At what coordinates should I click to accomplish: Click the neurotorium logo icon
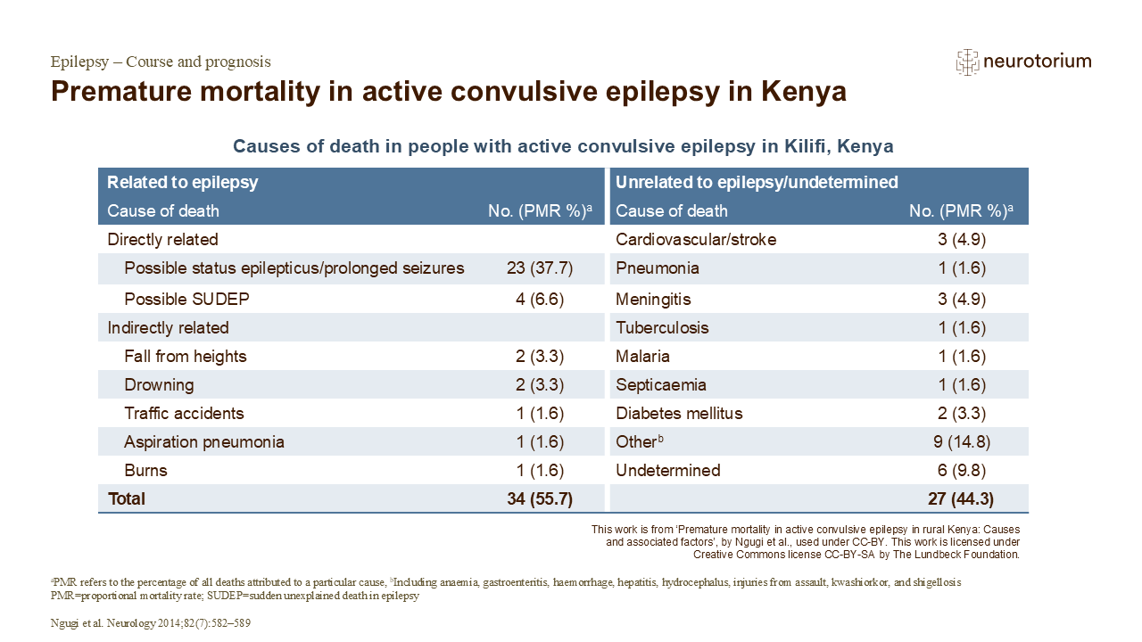coord(967,62)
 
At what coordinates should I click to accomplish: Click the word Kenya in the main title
coord(804,92)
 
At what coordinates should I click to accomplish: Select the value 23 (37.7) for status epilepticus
coord(540,268)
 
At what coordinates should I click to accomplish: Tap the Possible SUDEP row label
coord(186,299)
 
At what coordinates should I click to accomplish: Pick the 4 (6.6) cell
coord(540,299)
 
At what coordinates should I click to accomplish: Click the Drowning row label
coord(159,384)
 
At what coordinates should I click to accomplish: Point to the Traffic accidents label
coord(184,413)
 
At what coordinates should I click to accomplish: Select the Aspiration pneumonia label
coord(204,441)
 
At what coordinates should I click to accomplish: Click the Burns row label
coord(145,470)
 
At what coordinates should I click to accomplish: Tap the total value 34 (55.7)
coord(540,498)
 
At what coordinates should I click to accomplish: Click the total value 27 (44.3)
coord(961,498)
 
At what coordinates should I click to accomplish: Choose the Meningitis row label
coord(653,299)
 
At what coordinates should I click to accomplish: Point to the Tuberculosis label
coord(662,327)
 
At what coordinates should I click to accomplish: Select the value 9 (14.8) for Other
coord(962,441)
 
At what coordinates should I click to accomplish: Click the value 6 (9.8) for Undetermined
coord(962,470)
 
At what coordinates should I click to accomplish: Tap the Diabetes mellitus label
coord(679,413)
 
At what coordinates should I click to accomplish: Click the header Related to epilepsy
coord(183,183)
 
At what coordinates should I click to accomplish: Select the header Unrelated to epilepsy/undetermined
coord(757,183)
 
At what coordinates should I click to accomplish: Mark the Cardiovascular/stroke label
coord(696,240)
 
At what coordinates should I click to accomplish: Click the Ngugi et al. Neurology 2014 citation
coord(151,623)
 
